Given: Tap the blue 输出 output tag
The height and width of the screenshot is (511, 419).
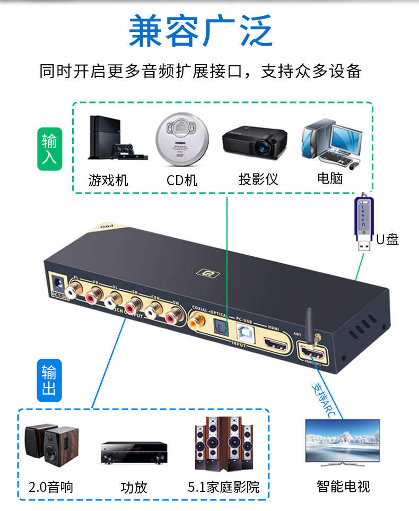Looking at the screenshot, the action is [49, 380].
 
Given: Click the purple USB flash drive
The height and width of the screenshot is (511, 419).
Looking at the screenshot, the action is [362, 222].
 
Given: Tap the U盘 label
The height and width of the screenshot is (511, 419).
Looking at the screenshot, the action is [388, 240].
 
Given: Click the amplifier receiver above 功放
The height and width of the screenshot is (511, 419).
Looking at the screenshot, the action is [134, 452].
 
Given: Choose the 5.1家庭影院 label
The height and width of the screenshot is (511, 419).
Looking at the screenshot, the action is [224, 487].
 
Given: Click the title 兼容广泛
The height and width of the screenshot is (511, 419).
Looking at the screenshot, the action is [201, 31].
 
